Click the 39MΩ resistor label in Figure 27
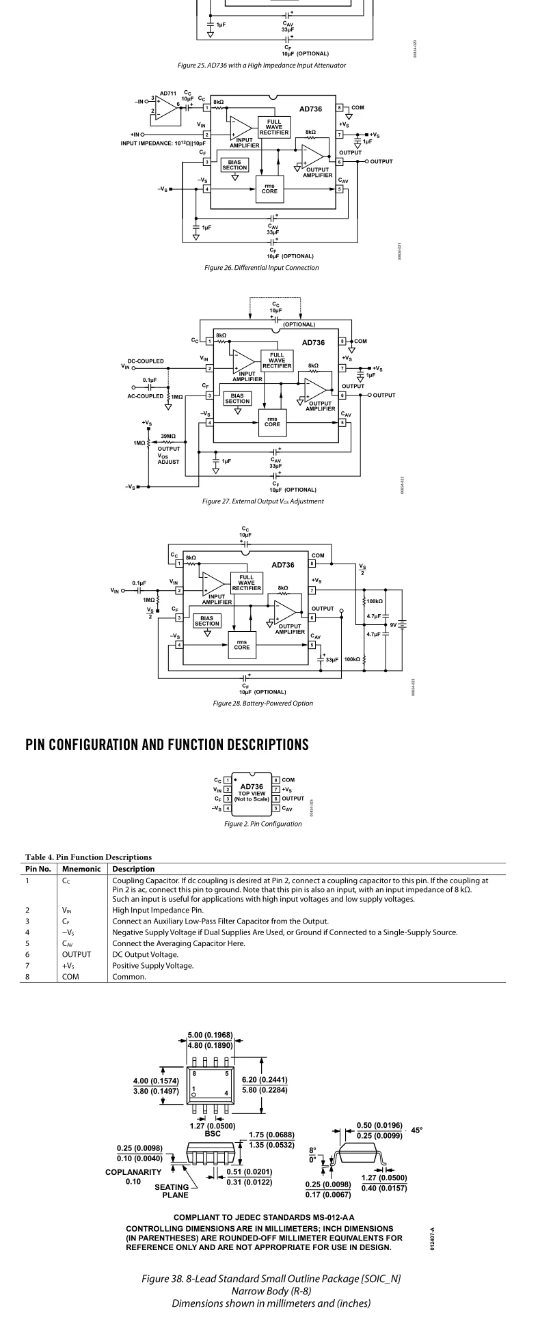point(169,435)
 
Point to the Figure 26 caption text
point(261,268)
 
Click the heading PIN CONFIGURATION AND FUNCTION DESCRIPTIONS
point(167,745)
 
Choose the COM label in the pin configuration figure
point(289,779)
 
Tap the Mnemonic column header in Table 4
point(81,869)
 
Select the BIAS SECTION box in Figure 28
point(206,621)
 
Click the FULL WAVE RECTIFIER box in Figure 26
point(273,126)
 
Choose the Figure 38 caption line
point(271,1277)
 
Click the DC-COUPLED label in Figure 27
point(146,361)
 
